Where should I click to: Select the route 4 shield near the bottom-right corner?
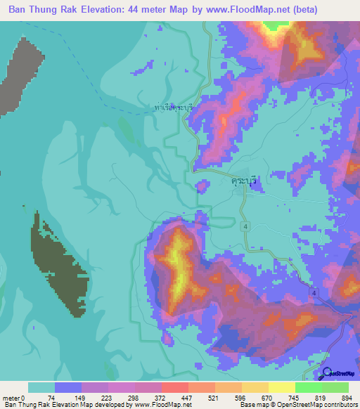[314, 292]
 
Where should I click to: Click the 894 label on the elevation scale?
[347, 398]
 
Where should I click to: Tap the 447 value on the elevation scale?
[187, 398]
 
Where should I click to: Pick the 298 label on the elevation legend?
[134, 398]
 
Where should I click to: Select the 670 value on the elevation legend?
[267, 398]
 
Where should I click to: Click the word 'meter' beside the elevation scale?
[11, 398]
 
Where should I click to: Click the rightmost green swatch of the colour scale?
[335, 387]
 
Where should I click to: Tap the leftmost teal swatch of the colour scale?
[41, 387]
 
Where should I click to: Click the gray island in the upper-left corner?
[18, 74]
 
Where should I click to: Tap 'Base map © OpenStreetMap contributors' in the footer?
[298, 405]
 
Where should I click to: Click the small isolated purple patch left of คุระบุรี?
[202, 186]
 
